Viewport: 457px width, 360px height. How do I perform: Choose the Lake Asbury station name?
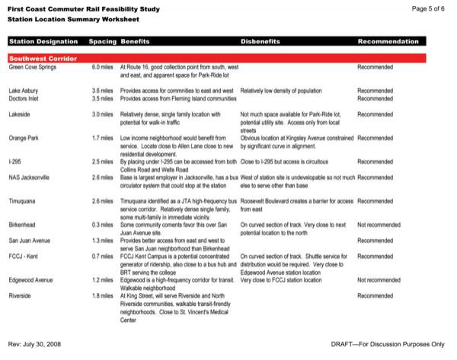(25, 91)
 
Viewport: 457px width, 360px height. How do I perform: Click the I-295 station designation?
(15, 162)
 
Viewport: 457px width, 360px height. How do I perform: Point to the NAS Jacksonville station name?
(30, 177)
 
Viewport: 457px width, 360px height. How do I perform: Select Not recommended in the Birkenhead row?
(379, 225)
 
